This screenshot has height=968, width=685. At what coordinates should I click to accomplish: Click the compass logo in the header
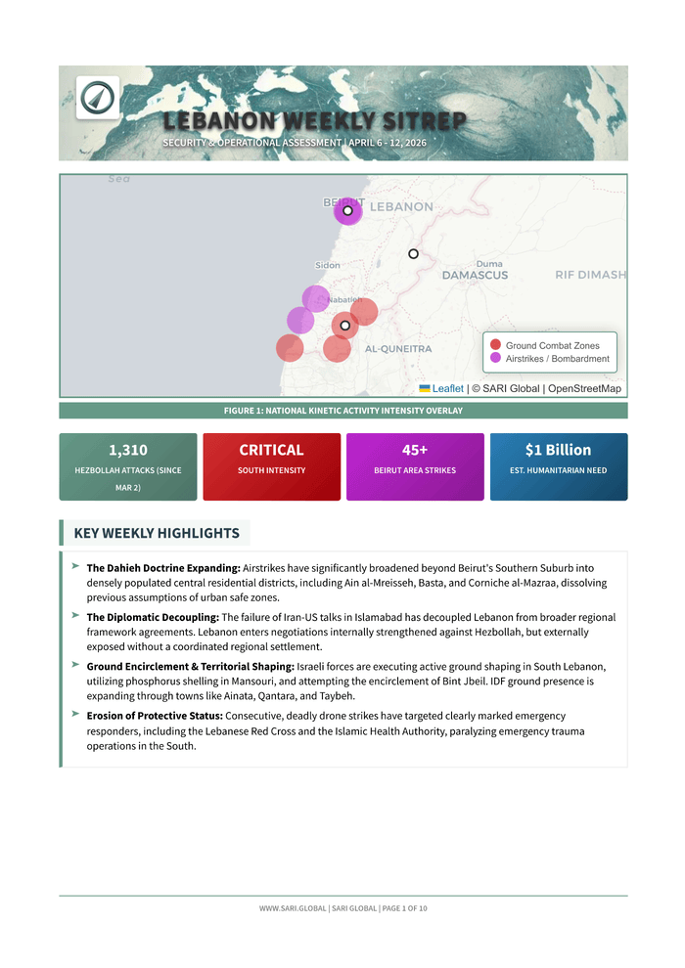click(97, 97)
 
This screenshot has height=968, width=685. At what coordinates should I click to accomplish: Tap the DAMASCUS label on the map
click(475, 276)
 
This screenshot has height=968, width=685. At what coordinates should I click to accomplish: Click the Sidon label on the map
click(328, 265)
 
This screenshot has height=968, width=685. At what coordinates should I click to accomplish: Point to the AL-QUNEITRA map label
click(398, 349)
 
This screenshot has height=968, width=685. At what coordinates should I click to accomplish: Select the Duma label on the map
click(489, 264)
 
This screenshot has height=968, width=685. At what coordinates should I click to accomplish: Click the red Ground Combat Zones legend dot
click(496, 345)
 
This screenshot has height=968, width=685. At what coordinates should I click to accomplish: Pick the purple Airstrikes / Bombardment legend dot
click(496, 358)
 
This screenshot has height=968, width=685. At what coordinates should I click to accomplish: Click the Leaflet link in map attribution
click(447, 388)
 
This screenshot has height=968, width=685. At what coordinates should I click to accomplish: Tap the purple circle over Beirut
click(347, 210)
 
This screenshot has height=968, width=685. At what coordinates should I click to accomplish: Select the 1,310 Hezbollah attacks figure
click(128, 450)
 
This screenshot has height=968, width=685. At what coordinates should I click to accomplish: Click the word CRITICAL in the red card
click(271, 450)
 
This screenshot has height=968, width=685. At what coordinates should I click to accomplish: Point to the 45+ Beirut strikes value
click(415, 450)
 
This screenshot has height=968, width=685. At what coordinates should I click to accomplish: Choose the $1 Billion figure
click(558, 450)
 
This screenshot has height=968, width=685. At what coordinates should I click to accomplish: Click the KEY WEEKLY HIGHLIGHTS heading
click(157, 533)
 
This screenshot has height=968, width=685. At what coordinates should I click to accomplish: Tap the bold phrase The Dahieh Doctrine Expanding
click(163, 568)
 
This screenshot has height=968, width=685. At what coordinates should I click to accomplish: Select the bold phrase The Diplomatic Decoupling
click(153, 617)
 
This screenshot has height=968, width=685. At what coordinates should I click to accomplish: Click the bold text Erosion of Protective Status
click(155, 716)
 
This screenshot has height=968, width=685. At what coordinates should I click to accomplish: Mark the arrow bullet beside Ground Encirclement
click(75, 664)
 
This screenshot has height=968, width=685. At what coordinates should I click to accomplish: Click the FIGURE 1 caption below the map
click(342, 411)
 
